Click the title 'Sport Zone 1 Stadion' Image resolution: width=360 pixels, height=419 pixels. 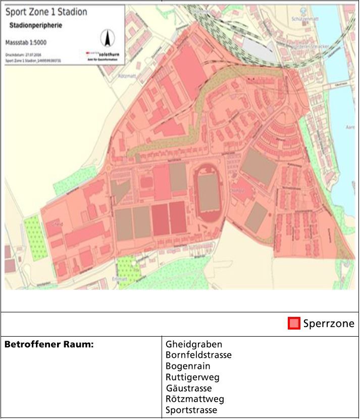[46, 12]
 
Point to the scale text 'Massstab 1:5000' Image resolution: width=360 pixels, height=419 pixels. [26, 42]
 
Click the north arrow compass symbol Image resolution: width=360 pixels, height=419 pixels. [106, 38]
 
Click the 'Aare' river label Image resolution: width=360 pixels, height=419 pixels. [350, 127]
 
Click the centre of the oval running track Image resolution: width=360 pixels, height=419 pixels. [208, 193]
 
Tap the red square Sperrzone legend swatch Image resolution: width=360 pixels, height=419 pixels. [294, 323]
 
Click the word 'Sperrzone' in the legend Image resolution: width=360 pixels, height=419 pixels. [328, 323]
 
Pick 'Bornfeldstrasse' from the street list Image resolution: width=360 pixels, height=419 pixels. [198, 355]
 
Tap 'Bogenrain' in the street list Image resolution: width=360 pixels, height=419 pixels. [188, 366]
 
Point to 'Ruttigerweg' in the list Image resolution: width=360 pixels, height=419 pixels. [192, 378]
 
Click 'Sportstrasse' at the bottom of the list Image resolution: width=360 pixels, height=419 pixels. [191, 410]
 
